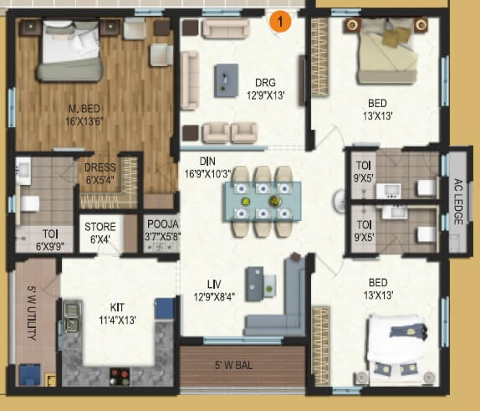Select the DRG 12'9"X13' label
[x=266, y=87]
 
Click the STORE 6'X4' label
[x=100, y=231]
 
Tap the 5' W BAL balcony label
[x=243, y=364]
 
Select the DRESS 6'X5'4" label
[x=100, y=172]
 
